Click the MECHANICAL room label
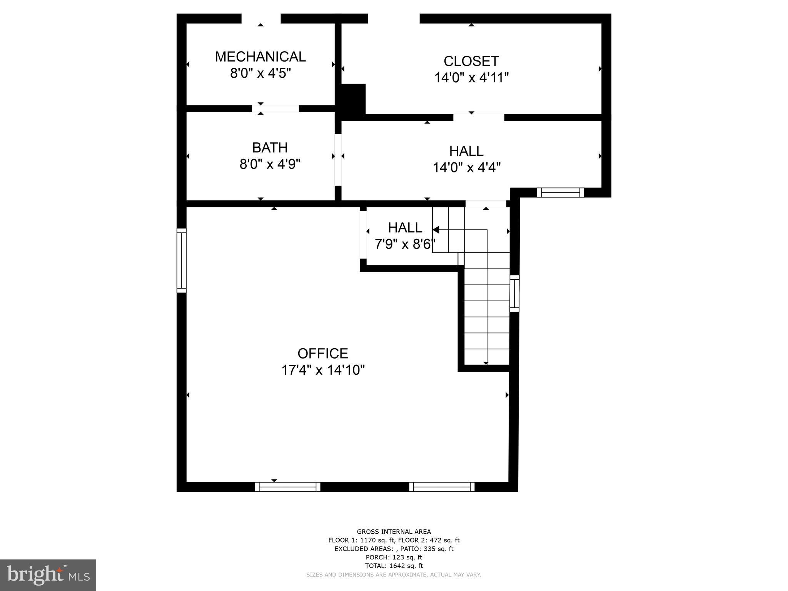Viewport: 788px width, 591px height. pyautogui.click(x=260, y=57)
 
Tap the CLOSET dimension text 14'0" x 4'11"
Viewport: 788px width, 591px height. pyautogui.click(x=471, y=78)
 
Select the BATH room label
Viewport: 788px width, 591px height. pyautogui.click(x=270, y=147)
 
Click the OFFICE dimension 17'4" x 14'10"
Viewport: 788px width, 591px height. pyautogui.click(x=323, y=370)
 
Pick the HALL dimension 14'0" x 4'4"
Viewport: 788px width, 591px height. pyautogui.click(x=466, y=167)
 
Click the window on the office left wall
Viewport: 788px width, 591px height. pyautogui.click(x=182, y=260)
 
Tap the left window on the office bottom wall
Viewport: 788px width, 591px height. pyautogui.click(x=287, y=487)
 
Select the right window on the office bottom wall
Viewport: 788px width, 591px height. pyautogui.click(x=442, y=487)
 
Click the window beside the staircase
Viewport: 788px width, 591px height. pyautogui.click(x=514, y=293)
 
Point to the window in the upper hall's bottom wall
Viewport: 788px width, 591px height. pyautogui.click(x=560, y=192)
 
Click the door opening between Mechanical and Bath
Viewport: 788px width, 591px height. pyautogui.click(x=275, y=109)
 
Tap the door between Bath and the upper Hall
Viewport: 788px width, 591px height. pyautogui.click(x=338, y=160)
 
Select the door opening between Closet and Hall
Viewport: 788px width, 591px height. pyautogui.click(x=478, y=117)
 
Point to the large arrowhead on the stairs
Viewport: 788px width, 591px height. pyautogui.click(x=436, y=230)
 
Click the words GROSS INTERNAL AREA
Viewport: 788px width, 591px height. pyautogui.click(x=394, y=532)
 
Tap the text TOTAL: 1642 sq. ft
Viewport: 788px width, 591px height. pyautogui.click(x=394, y=566)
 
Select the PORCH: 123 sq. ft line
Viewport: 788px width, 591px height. pyautogui.click(x=394, y=557)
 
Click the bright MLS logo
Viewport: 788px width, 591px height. pyautogui.click(x=48, y=575)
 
